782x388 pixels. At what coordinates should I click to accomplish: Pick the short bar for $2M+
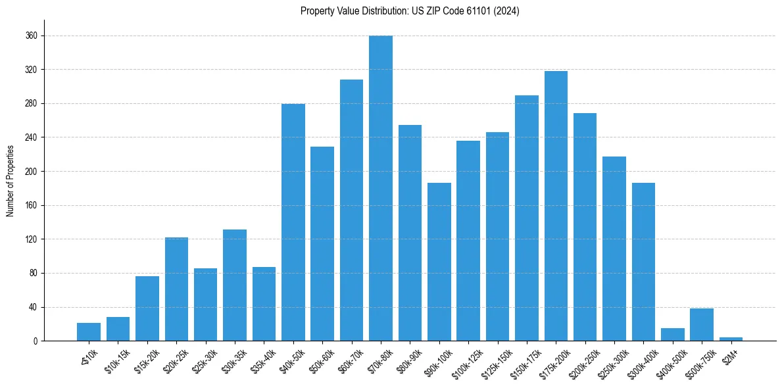point(731,339)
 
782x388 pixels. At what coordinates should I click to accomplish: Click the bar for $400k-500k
point(673,335)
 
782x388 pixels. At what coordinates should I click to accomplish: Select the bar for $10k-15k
point(118,329)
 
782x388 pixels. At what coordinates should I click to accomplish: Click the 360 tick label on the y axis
point(31,36)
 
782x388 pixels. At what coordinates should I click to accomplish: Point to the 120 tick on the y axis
point(31,239)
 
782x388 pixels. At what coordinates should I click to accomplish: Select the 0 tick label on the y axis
point(35,341)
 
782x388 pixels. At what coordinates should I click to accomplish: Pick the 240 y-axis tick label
point(31,137)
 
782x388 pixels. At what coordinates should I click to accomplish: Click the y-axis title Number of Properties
point(10,181)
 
